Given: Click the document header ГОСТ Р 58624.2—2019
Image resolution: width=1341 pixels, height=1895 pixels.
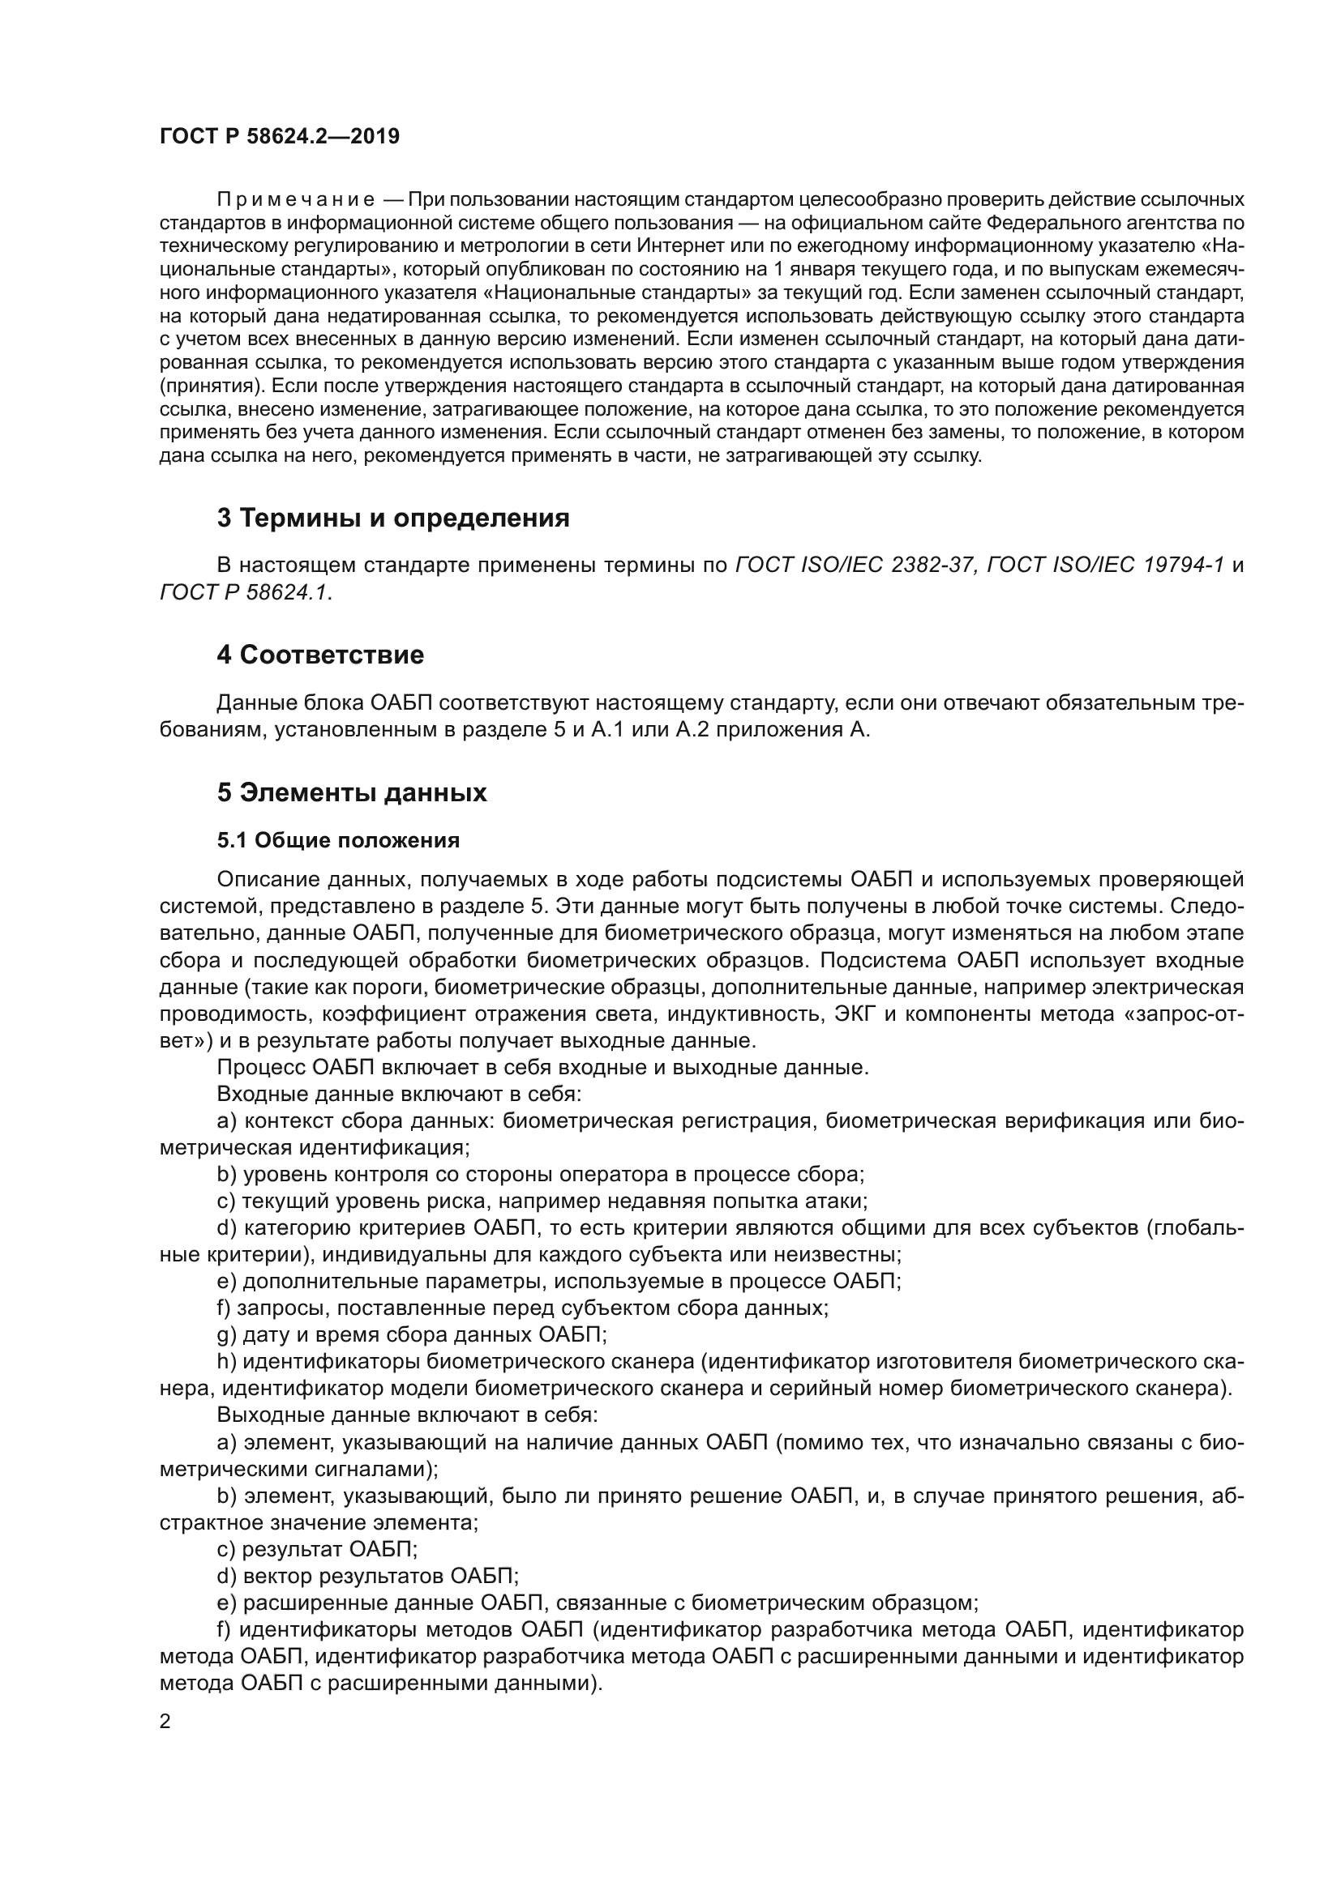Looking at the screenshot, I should coord(279,136).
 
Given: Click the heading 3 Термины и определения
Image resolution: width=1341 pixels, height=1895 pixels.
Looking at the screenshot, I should coord(393,519).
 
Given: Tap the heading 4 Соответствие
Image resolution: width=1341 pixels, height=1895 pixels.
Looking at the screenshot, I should coord(320,655).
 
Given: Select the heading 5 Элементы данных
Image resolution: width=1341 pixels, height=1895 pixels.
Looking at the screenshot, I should coord(352,792).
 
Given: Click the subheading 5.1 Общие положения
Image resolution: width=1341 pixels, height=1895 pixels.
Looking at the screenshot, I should coord(339,840).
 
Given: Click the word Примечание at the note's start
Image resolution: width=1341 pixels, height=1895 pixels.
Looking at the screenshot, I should coord(296,200).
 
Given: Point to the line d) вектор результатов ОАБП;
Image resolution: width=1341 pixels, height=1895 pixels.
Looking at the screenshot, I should coord(367,1576).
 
